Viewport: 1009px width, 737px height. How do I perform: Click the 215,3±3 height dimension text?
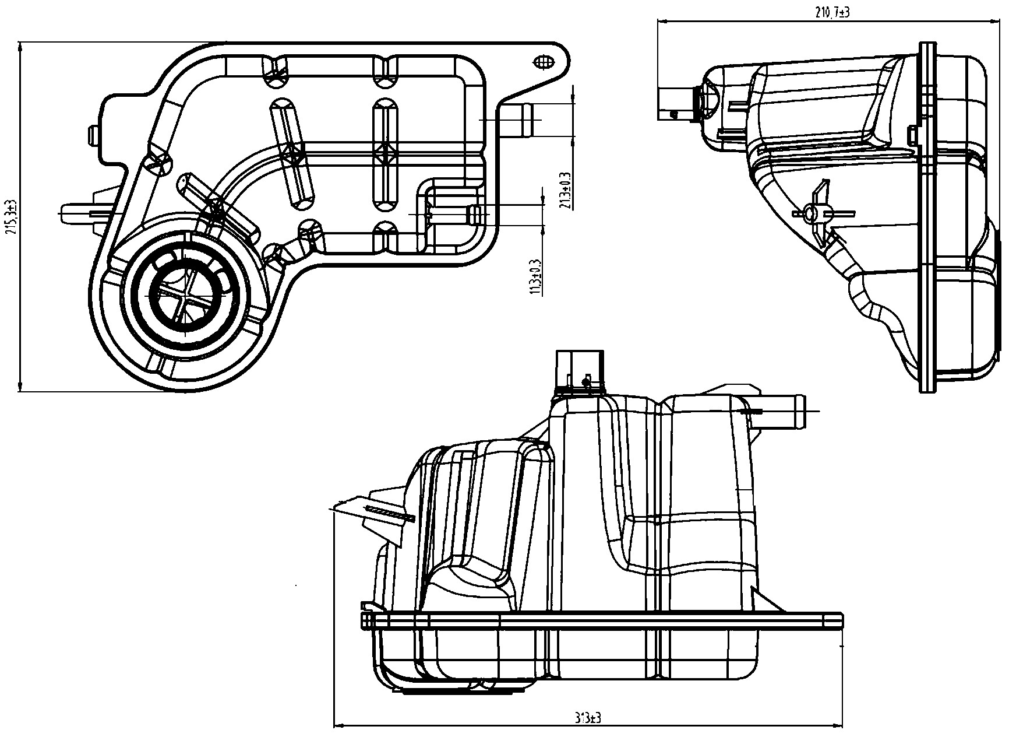pyautogui.click(x=10, y=216)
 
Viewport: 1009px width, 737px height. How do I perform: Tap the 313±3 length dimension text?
pyautogui.click(x=589, y=718)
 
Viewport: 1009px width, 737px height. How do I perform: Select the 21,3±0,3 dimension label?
pyautogui.click(x=564, y=190)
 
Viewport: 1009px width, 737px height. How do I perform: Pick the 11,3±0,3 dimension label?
pyautogui.click(x=535, y=277)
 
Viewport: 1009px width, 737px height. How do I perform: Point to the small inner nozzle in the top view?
pyautogui.click(x=475, y=214)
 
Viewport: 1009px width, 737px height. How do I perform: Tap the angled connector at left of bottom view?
pyautogui.click(x=379, y=510)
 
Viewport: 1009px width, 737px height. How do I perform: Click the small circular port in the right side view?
pyautogui.click(x=809, y=213)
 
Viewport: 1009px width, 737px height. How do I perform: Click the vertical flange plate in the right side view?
pyautogui.click(x=927, y=216)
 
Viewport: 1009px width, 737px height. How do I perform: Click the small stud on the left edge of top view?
pyautogui.click(x=93, y=135)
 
